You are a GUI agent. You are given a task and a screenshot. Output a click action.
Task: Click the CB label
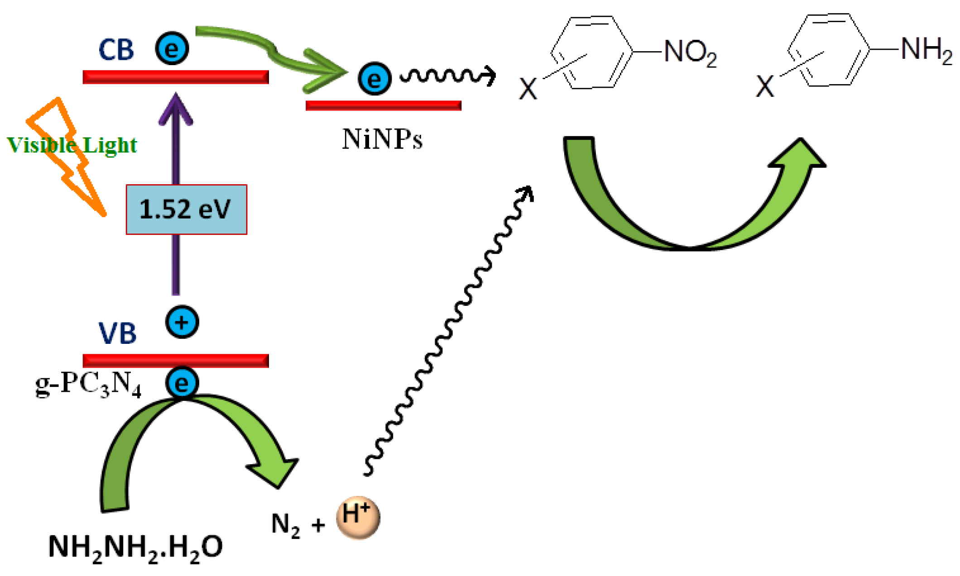click(x=116, y=50)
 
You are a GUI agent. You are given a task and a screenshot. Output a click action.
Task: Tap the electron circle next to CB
click(x=172, y=48)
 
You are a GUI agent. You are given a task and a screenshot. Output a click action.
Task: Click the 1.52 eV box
click(x=186, y=209)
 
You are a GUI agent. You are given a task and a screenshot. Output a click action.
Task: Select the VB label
click(x=117, y=333)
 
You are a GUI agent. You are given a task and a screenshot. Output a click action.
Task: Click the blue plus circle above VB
click(x=182, y=322)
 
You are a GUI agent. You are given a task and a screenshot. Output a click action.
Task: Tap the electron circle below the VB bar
click(x=182, y=383)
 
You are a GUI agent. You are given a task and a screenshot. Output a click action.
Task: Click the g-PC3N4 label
click(x=88, y=385)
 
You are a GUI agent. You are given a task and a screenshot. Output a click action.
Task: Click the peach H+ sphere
click(x=358, y=518)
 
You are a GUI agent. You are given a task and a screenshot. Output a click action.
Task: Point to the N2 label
click(x=285, y=525)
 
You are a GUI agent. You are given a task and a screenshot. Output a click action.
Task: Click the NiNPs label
click(x=382, y=139)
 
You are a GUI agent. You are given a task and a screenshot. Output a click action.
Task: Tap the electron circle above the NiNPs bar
click(x=374, y=79)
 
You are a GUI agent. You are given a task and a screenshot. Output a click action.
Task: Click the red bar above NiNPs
click(x=383, y=105)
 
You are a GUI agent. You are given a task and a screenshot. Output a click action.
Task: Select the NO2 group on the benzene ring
click(x=690, y=52)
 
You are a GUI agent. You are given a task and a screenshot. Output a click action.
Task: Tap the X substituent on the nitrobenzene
click(x=528, y=89)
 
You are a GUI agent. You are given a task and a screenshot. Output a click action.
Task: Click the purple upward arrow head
click(x=176, y=109)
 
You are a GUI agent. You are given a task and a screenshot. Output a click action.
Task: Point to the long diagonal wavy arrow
click(x=448, y=330)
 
